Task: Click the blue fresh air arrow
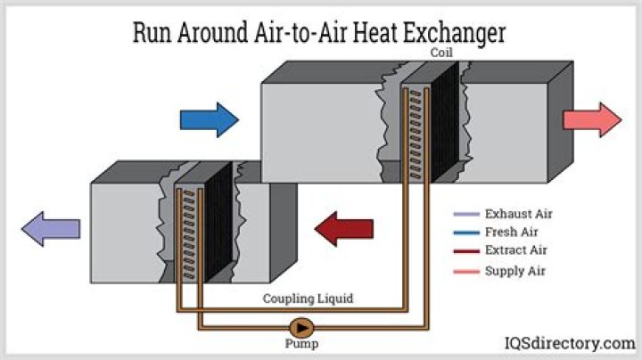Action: point(210,120)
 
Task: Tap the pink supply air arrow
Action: point(592,120)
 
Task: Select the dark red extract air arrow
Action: point(344,229)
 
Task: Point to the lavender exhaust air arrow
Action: point(51,229)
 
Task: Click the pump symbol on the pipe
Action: point(301,328)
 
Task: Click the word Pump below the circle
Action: point(301,344)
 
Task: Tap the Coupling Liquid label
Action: point(308,299)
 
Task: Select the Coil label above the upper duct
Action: point(441,53)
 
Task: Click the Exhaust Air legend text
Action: point(519,214)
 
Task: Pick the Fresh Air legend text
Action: point(512,232)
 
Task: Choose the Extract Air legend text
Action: point(516,250)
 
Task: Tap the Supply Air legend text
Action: point(515,271)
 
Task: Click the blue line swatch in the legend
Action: point(466,233)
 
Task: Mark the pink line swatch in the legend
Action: point(466,271)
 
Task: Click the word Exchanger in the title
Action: point(455,33)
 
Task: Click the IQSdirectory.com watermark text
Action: point(570,343)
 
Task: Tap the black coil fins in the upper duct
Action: point(445,123)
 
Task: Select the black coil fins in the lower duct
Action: point(218,221)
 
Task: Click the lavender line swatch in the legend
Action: point(466,214)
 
